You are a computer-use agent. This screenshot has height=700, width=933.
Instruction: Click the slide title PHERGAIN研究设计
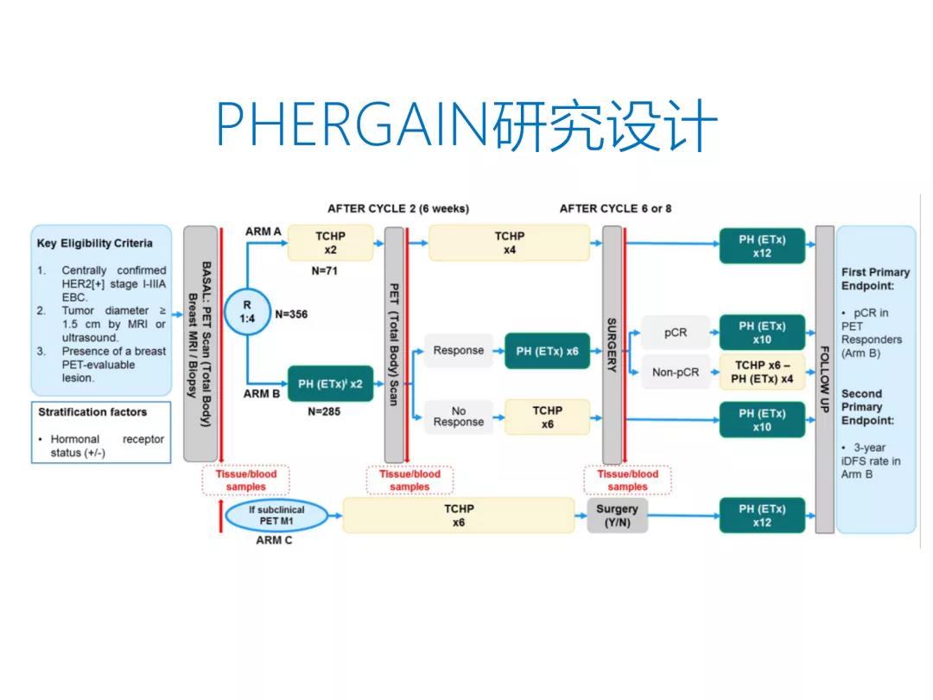coord(466,126)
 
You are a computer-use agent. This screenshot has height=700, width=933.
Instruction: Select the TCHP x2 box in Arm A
coord(330,243)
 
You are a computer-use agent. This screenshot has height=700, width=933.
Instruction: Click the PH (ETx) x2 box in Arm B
coord(330,384)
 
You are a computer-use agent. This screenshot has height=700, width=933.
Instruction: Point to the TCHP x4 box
coord(509,243)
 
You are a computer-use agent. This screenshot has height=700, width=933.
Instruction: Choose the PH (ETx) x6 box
coord(547,351)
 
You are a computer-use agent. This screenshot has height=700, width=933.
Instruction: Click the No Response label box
coord(458,417)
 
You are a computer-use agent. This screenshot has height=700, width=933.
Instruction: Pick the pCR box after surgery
coord(676,333)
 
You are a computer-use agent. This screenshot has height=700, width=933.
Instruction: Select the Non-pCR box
coord(676,372)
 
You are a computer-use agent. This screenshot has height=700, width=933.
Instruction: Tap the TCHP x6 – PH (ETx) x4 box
coord(762,372)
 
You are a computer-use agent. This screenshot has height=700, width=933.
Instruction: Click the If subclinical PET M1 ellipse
coord(276,516)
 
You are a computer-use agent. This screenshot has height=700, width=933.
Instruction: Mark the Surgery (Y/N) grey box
coord(617,516)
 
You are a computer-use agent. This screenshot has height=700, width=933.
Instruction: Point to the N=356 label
coord(291,315)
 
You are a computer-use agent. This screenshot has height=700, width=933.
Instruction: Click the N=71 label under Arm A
coord(325,271)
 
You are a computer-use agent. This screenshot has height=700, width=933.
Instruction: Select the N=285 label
coord(324,412)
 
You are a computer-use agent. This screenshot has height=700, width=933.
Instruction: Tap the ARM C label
coord(274,541)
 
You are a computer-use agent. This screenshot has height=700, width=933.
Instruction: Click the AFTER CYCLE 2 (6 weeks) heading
coord(398,208)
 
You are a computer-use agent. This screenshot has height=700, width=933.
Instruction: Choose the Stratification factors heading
coord(92,412)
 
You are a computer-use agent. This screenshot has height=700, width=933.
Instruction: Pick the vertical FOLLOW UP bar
coord(824,379)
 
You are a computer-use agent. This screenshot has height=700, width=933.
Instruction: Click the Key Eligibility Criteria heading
coord(94,243)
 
